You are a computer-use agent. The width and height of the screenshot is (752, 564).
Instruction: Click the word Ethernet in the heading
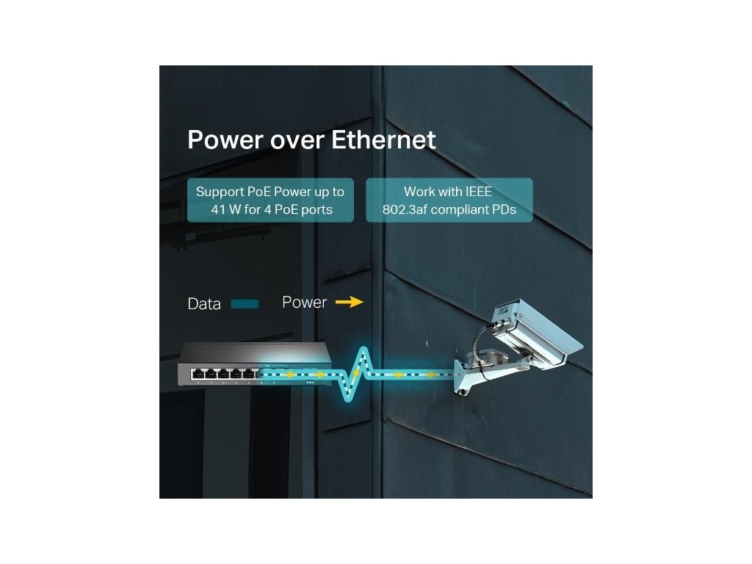click(x=383, y=140)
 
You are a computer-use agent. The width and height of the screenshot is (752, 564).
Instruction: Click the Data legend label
click(x=204, y=304)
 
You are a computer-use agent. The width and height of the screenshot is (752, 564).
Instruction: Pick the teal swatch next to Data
click(x=245, y=303)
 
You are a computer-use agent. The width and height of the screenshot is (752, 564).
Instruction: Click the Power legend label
click(x=304, y=303)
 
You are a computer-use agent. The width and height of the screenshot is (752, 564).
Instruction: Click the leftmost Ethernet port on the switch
click(x=197, y=375)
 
